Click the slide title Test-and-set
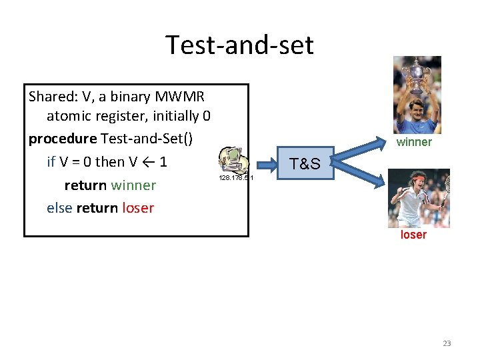tap(239, 45)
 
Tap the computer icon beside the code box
tap(234, 161)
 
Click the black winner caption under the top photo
tap(414, 142)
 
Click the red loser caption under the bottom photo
tap(413, 235)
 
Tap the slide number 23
tap(447, 343)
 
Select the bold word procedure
tap(62, 139)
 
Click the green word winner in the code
tap(133, 185)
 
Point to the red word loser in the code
tap(138, 207)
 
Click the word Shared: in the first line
tap(51, 96)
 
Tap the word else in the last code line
tap(59, 207)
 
